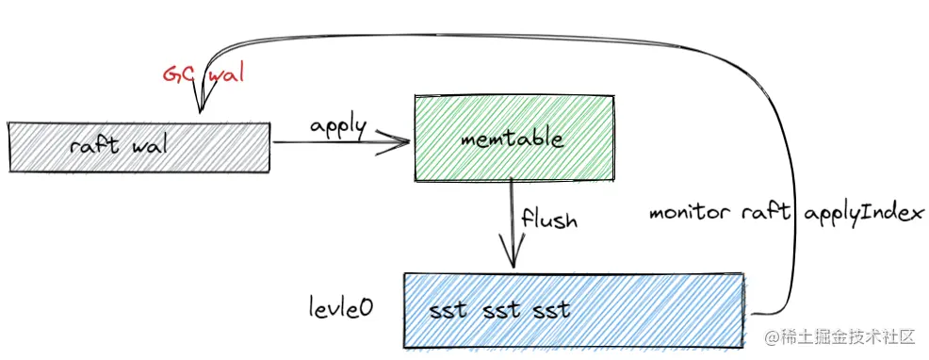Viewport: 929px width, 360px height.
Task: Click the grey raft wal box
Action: tap(139, 148)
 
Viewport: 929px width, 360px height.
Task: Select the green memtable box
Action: tap(513, 138)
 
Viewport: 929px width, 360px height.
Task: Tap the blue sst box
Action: tap(575, 308)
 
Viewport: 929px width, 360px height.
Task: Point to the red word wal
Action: tap(224, 75)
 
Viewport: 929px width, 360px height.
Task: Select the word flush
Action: tap(549, 221)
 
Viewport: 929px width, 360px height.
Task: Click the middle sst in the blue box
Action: tap(498, 309)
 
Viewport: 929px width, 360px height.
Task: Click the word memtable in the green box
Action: tap(513, 139)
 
